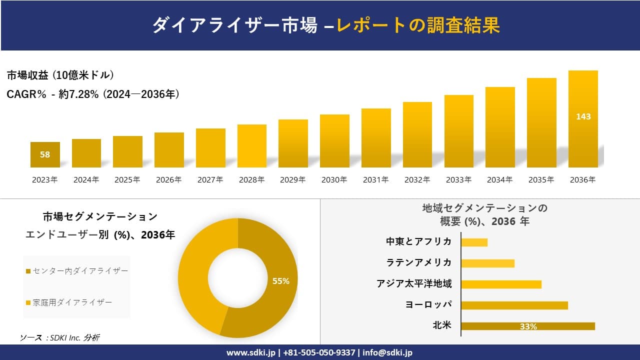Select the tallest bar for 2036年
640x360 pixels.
(x=583, y=140)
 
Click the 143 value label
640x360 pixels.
(x=583, y=116)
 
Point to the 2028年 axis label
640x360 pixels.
(x=251, y=180)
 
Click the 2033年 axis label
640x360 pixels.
(x=458, y=180)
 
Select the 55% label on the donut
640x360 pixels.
(x=280, y=281)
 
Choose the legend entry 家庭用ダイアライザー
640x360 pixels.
(x=72, y=302)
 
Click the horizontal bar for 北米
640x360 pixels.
(x=528, y=326)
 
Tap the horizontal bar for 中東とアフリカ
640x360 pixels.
(x=474, y=242)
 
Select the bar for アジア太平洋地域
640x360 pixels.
(x=501, y=284)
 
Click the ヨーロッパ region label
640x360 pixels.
(x=428, y=304)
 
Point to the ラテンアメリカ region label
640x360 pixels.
(x=418, y=262)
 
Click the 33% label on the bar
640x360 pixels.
(x=528, y=326)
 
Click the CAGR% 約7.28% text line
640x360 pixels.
(x=93, y=94)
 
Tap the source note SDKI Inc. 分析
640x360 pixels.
(x=60, y=337)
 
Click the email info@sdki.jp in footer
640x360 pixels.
(x=388, y=352)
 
